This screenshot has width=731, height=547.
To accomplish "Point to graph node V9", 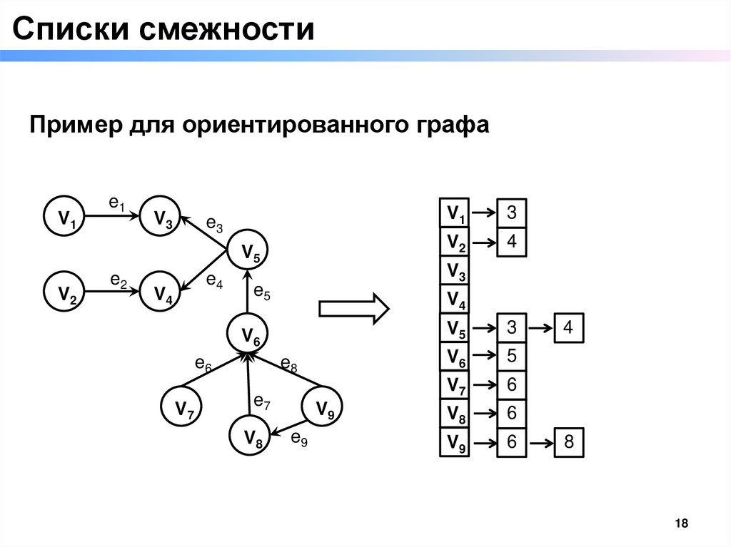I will click(x=324, y=409).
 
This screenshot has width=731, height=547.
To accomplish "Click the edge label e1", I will click(x=116, y=204).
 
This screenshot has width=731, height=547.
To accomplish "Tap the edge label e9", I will click(x=299, y=439).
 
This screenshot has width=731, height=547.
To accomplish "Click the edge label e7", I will click(x=262, y=404).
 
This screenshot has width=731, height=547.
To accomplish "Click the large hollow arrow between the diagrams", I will click(x=353, y=308).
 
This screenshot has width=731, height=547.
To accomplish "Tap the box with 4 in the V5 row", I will click(x=568, y=328).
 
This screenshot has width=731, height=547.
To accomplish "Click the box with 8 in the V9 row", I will click(x=569, y=442).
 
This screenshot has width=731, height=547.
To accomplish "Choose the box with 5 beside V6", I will click(x=511, y=357).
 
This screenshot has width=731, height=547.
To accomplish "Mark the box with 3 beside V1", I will click(x=511, y=213).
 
